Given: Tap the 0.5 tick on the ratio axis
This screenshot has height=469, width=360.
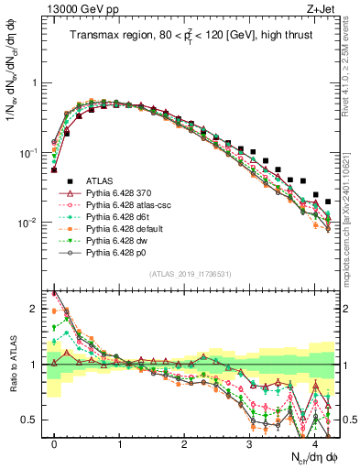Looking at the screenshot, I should (x=34, y=420).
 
